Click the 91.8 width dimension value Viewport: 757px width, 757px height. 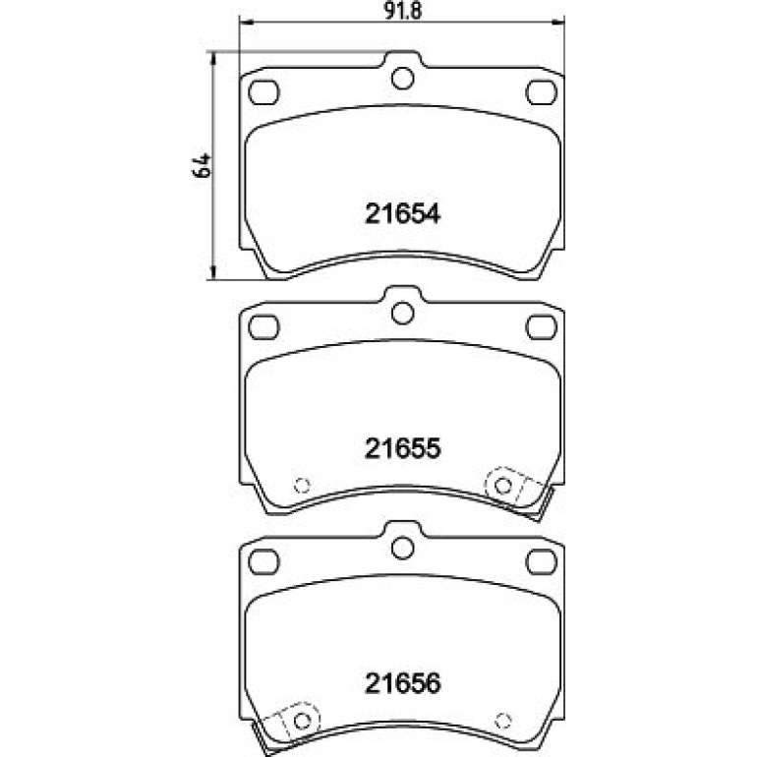(x=403, y=11)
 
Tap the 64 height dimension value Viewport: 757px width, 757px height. (x=202, y=165)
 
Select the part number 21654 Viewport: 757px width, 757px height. (x=403, y=214)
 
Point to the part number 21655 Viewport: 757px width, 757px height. (x=403, y=448)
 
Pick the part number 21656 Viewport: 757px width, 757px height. (x=403, y=682)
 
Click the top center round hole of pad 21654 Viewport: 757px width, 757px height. (x=403, y=79)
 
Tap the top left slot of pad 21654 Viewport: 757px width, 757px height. (x=263, y=92)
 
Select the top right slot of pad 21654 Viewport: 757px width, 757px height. (x=541, y=92)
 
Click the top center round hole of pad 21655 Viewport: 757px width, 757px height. (x=403, y=314)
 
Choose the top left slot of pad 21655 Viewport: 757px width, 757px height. (x=263, y=326)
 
